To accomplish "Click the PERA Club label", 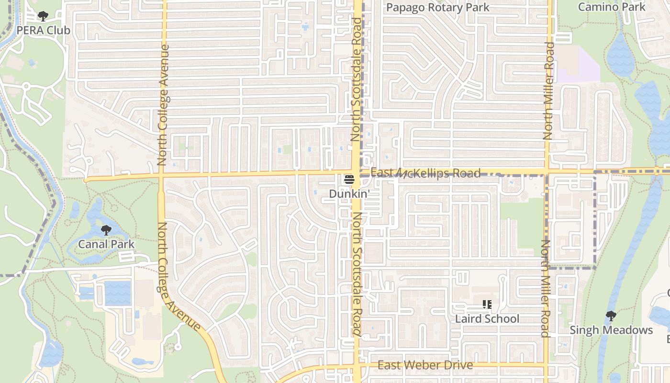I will pos(43,30).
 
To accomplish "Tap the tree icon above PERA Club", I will pos(43,17).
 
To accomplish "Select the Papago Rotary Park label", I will pos(437,8).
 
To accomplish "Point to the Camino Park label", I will pos(612,7).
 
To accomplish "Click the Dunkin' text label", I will pos(349,194).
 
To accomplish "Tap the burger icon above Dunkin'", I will pos(349,180).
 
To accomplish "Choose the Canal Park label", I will pos(106,244).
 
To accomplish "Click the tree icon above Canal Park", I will pos(106,230).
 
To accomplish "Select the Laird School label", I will pos(487,318).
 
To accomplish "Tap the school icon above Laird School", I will pos(487,304).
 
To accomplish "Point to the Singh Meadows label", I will pos(611,330).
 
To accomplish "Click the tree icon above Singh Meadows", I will pos(611,316).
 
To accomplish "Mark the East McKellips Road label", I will pos(425,173).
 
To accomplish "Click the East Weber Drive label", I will pos(425,365).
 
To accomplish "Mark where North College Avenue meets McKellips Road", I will pos(161,176).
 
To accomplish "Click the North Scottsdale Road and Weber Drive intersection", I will pos(357,366).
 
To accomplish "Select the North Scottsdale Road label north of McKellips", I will pos(355,79).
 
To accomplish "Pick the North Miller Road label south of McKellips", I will pos(545,288).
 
